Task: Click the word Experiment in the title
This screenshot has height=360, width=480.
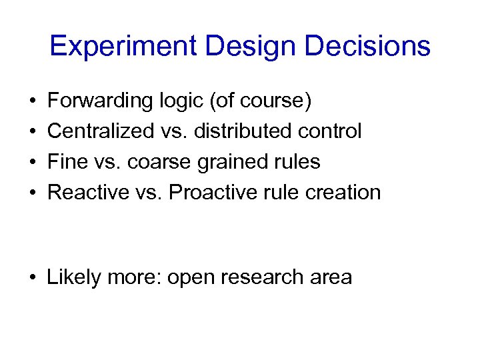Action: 123,47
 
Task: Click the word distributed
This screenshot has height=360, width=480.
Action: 241,131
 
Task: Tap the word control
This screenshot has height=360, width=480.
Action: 329,131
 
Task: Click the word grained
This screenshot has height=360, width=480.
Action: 238,162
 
